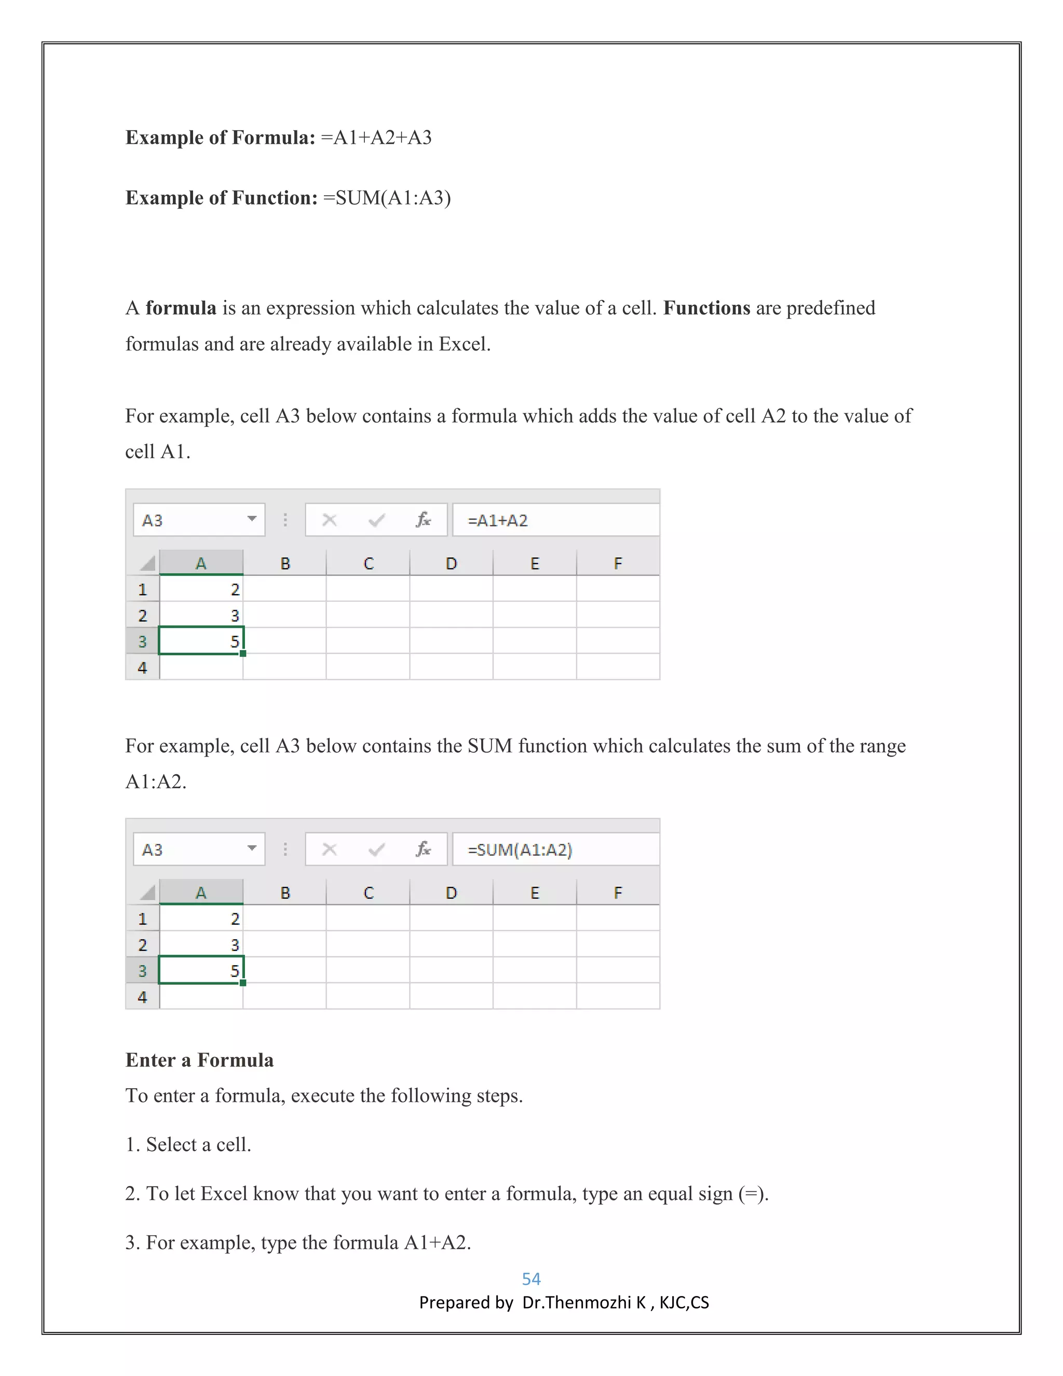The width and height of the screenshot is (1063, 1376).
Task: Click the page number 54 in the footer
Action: (531, 1278)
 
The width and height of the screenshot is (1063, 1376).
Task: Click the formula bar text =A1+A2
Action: (497, 520)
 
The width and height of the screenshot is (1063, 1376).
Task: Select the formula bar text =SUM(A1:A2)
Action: (520, 850)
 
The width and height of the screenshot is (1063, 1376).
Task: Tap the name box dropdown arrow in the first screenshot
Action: (252, 519)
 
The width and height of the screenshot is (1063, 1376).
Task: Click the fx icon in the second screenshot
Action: (423, 849)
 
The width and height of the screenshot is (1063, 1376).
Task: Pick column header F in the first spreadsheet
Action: (617, 563)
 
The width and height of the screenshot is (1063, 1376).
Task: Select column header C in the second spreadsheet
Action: (369, 893)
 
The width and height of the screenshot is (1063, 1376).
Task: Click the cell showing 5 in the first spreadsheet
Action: (201, 641)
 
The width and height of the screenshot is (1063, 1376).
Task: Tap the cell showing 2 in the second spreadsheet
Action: (201, 919)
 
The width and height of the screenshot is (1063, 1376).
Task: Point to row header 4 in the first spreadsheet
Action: (142, 667)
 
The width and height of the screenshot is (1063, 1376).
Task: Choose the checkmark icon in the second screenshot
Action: (377, 850)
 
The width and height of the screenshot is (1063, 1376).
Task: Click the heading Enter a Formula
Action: (200, 1060)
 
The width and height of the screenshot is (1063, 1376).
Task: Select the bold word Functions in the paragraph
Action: (706, 307)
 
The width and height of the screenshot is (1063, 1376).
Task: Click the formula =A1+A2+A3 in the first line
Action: (376, 138)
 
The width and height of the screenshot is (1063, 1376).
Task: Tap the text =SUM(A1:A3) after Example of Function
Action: (387, 198)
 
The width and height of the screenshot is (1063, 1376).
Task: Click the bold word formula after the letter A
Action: (181, 307)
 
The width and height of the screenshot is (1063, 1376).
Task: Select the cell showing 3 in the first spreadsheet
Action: (201, 615)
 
